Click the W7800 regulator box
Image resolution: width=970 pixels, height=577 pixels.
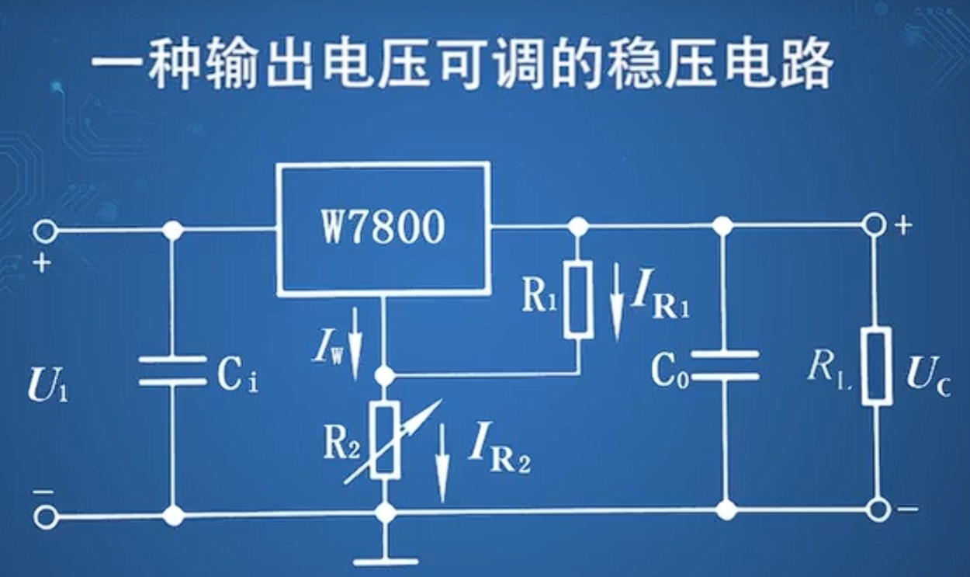tap(383, 228)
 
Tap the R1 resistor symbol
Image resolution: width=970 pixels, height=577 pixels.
tap(578, 298)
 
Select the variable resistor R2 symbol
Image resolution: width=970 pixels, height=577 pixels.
tap(385, 440)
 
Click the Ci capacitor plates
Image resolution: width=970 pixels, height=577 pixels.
tap(172, 370)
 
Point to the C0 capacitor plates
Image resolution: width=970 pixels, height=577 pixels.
tap(724, 366)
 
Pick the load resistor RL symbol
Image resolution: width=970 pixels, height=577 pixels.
tap(876, 367)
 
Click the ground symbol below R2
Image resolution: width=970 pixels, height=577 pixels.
tap(385, 558)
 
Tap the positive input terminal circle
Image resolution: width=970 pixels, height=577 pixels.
tap(45, 231)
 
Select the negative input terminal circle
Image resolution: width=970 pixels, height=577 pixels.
tap(45, 516)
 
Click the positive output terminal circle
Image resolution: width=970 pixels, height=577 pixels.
tap(875, 225)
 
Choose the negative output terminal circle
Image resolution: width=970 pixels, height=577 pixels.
tap(878, 509)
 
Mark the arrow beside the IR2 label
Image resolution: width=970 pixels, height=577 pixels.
tap(442, 463)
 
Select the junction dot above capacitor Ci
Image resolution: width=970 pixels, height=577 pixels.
tap(173, 231)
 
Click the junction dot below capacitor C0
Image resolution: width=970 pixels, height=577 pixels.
tap(725, 510)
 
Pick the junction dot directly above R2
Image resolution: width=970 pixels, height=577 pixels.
tap(384, 376)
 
